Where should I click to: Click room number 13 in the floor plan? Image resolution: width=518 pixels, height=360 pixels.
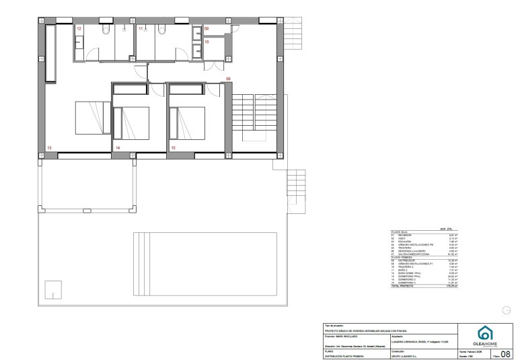(x=48, y=147)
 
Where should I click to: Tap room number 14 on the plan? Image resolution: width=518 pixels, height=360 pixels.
(x=117, y=147)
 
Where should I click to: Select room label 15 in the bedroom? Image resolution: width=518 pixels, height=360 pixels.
(x=173, y=147)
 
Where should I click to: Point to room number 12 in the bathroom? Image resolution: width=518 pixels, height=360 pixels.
(x=79, y=29)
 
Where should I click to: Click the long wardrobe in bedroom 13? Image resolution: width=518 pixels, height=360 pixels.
(x=50, y=54)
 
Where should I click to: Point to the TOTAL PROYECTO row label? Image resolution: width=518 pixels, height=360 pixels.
(x=404, y=286)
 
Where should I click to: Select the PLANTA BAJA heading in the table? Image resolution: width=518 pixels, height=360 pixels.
(x=400, y=231)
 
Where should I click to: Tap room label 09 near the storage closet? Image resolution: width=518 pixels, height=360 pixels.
(x=207, y=29)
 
